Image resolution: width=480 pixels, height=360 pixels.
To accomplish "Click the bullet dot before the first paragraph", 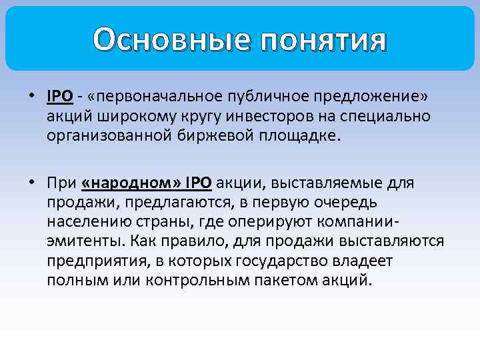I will click(x=31, y=97).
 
